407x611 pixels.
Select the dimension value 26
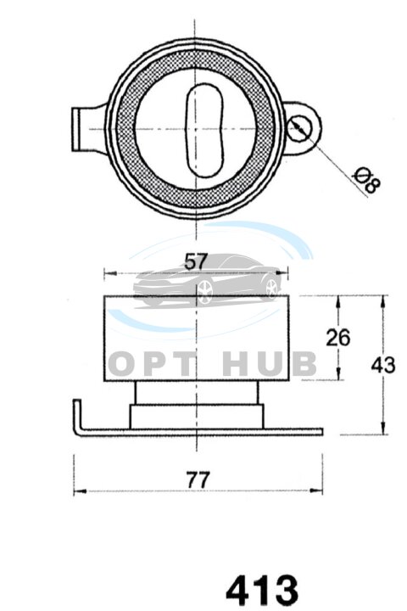tap(338, 338)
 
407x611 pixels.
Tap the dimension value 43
tap(383, 365)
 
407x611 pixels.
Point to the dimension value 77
tap(198, 479)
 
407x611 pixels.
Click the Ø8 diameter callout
tap(366, 181)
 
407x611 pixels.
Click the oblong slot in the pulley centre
tap(204, 128)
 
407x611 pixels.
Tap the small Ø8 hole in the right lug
tap(299, 128)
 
